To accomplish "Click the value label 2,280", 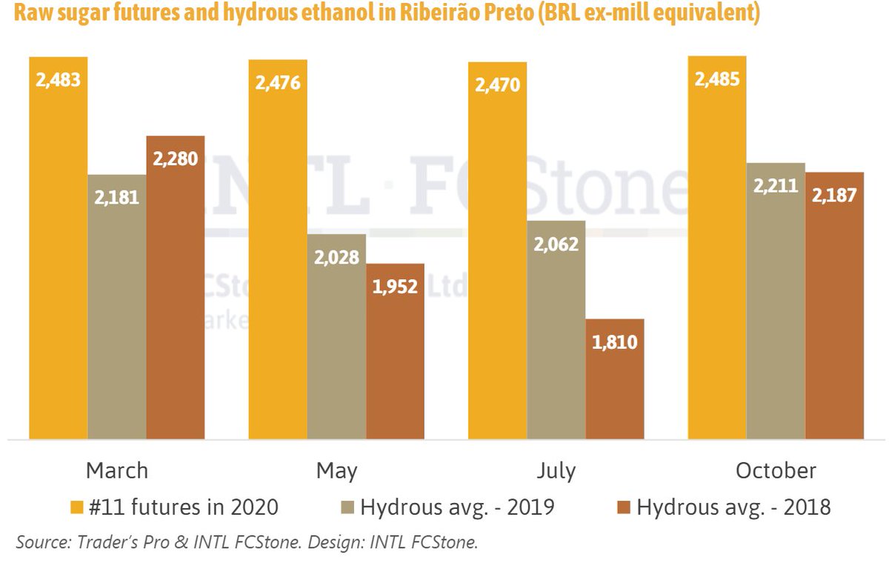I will point(175,159).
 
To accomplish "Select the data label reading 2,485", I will point(716,79).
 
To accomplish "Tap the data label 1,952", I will point(395,287).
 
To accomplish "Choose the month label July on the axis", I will point(556,471).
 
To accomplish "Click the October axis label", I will point(776,471).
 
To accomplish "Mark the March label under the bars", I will point(117,471).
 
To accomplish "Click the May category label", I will point(336,471).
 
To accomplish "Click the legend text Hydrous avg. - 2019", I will point(457,507).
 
